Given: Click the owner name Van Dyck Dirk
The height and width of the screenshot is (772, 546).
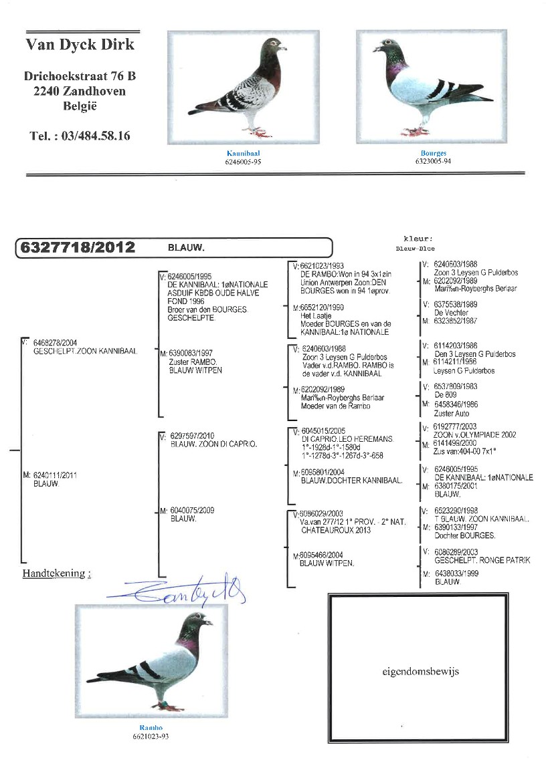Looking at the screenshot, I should pos(80,45).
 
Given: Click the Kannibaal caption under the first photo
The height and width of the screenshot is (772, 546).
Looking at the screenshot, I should pos(238,154).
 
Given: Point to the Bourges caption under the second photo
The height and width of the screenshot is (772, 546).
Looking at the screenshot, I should pos(433,154).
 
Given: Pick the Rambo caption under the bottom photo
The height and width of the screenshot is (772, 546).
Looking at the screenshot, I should pos(151,728).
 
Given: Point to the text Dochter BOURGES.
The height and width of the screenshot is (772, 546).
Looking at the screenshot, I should pos(464,535).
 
